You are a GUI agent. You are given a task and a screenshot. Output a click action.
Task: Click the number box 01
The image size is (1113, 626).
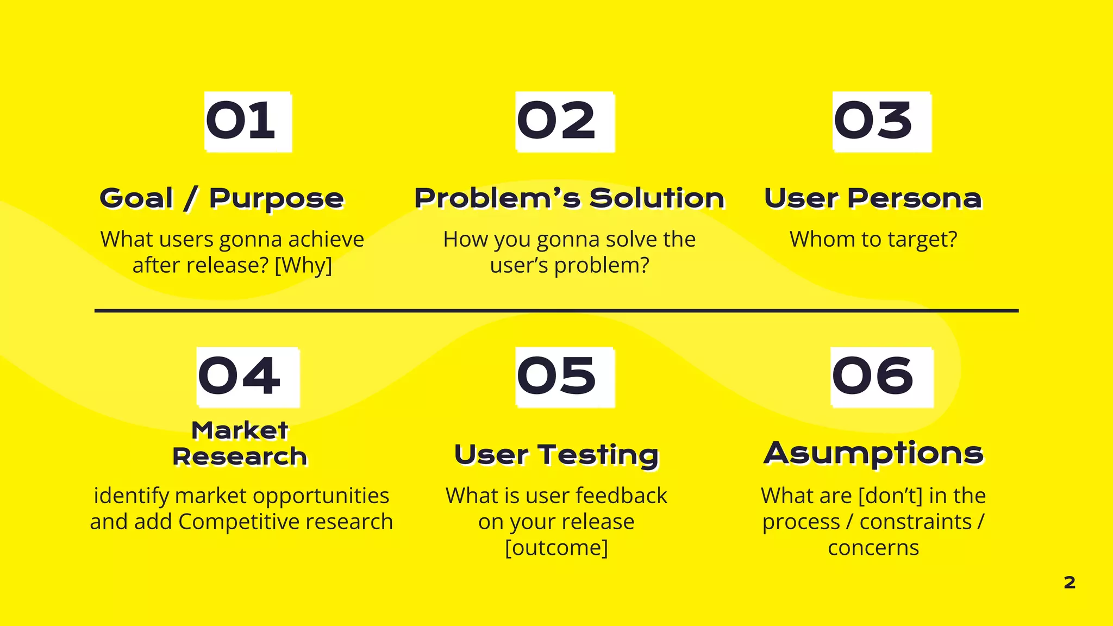248,122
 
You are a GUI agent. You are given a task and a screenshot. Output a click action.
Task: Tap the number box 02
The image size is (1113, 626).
565,122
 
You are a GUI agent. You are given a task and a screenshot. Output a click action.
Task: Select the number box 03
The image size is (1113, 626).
881,122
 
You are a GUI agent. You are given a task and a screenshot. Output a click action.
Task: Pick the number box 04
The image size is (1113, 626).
248,377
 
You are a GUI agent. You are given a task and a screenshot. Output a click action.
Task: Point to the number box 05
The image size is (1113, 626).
565,377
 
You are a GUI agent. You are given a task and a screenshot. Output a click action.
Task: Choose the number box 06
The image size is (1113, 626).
881,377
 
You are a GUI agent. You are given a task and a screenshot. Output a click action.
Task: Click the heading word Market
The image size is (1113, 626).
240,430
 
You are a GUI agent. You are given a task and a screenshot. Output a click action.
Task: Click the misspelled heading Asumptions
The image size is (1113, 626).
873,453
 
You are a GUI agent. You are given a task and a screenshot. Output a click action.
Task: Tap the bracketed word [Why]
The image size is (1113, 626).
303,266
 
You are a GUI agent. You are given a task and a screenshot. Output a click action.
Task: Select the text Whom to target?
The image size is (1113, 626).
873,239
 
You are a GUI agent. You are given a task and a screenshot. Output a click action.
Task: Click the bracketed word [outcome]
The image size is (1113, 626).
556,548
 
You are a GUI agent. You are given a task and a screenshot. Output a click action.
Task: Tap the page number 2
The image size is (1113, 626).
1069,583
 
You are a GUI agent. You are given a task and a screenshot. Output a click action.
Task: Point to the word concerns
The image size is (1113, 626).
873,548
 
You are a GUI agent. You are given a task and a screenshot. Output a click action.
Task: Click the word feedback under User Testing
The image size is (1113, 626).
621,496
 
